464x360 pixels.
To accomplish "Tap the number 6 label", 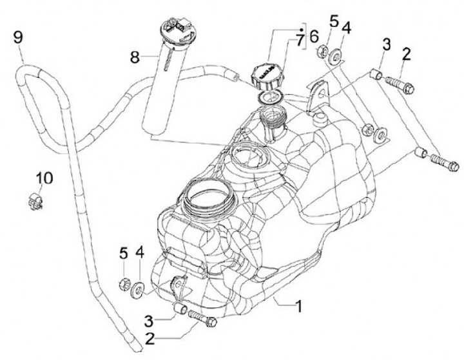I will pyautogui.click(x=314, y=36).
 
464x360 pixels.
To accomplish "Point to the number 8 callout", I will pyautogui.click(x=134, y=57).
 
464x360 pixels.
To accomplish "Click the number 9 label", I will pyautogui.click(x=18, y=36).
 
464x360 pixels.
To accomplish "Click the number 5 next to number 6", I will pyautogui.click(x=333, y=21).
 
